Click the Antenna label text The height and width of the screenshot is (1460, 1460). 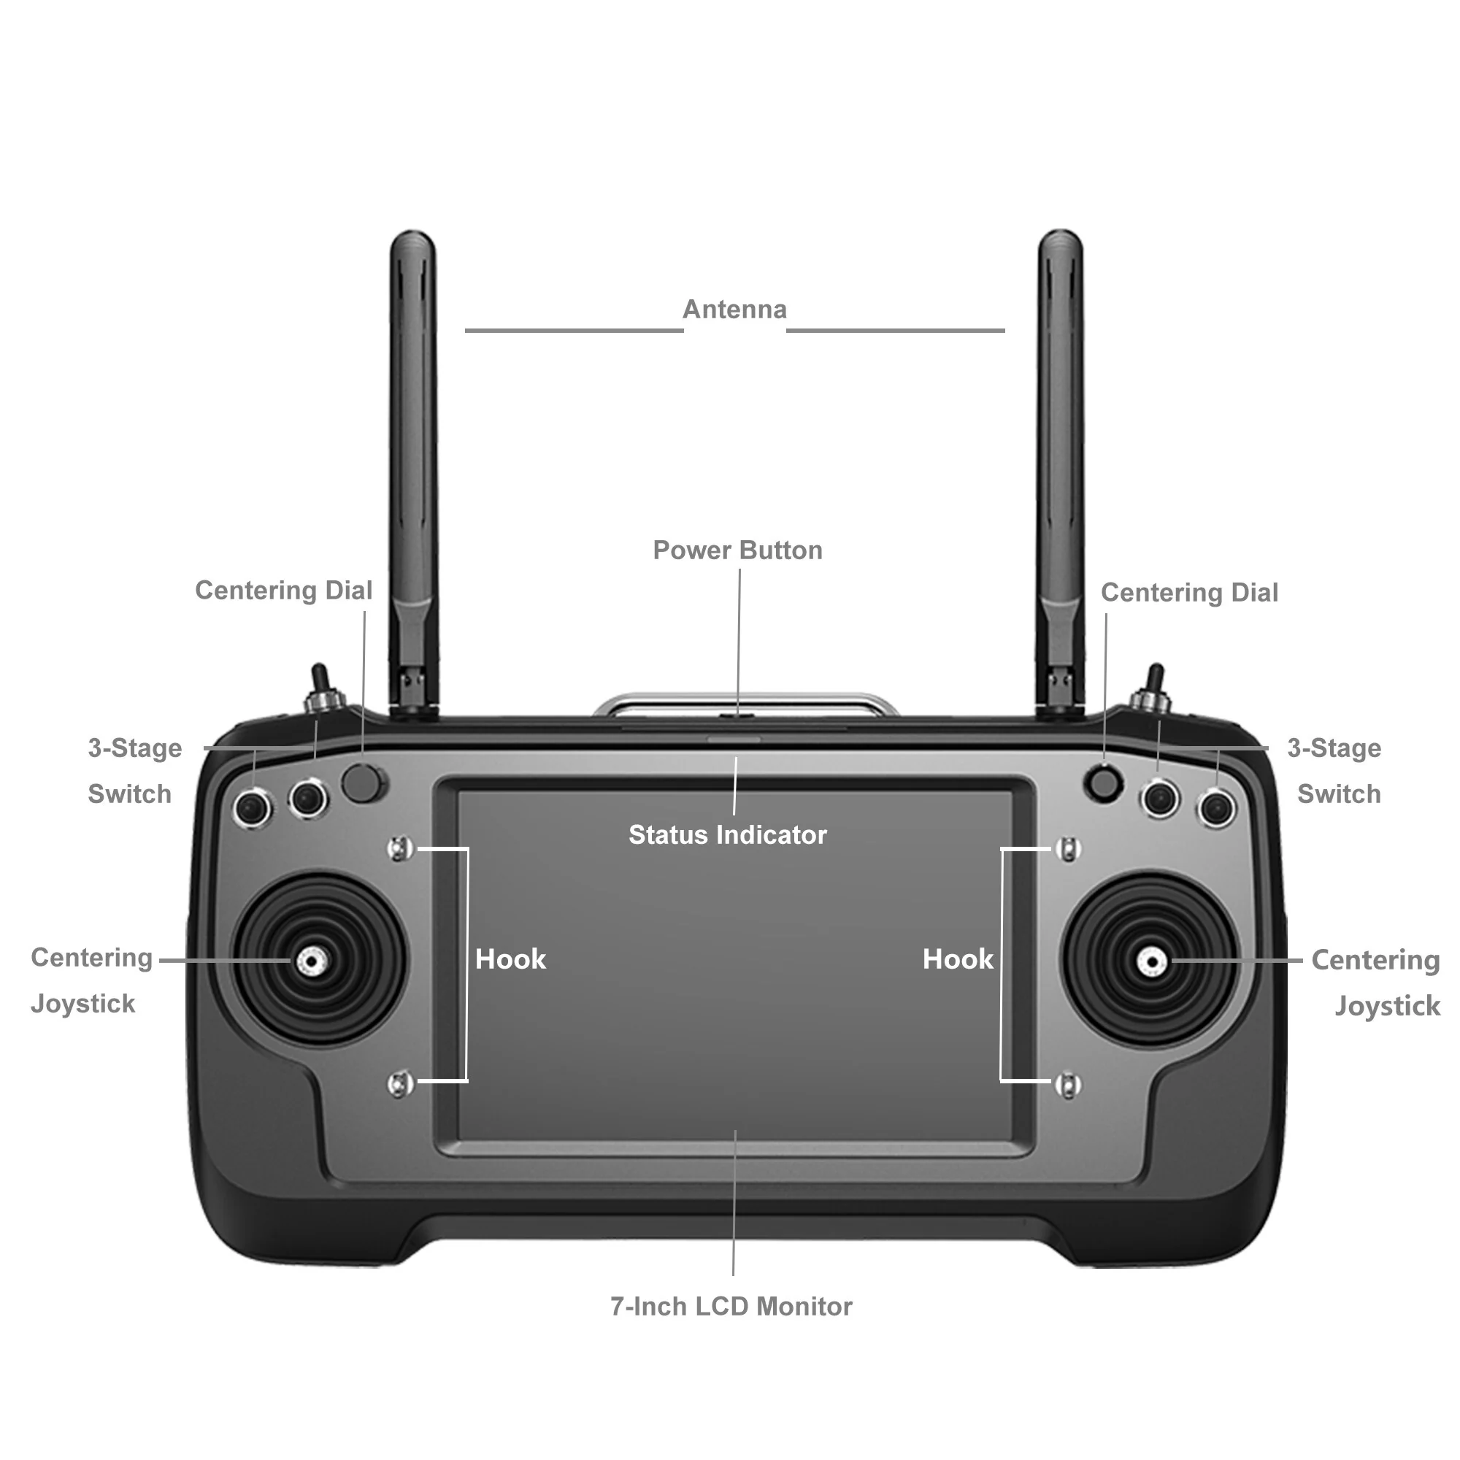[x=734, y=310]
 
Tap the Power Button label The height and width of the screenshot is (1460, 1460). [x=737, y=550]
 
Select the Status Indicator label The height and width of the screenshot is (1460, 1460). [x=727, y=834]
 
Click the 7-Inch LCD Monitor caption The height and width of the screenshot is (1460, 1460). [x=731, y=1306]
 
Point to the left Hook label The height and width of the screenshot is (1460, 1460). [x=510, y=959]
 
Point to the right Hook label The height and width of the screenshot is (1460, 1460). [x=958, y=959]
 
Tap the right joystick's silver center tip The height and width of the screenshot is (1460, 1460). [x=1151, y=962]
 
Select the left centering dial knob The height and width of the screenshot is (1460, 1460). [x=362, y=783]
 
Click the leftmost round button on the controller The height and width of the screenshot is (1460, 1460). [x=253, y=807]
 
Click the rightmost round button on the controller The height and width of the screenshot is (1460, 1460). [x=1215, y=807]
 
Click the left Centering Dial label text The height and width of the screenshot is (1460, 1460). [x=283, y=590]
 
